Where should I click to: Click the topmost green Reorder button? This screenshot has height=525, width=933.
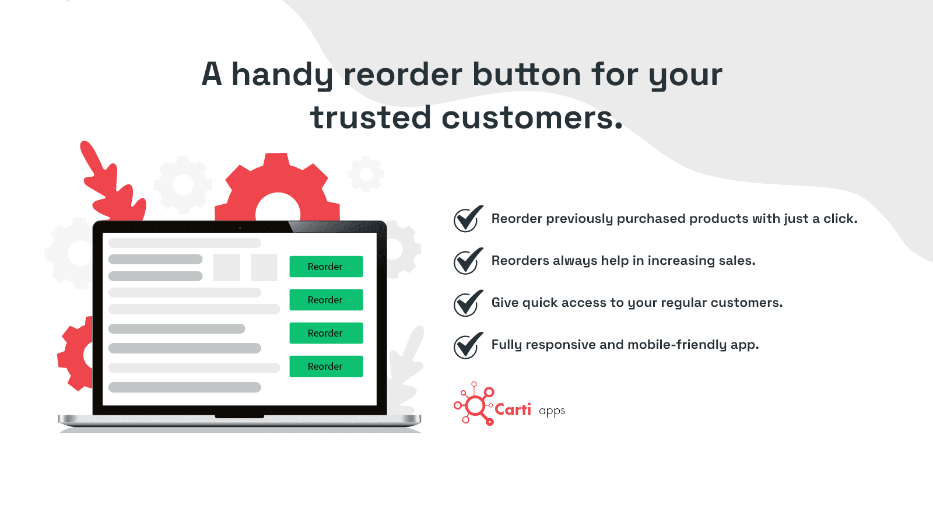pos(326,267)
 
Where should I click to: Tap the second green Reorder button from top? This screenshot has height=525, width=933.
pos(326,300)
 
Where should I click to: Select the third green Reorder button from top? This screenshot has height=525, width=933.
pos(326,333)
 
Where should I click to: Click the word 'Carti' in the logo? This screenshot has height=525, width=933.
pos(513,409)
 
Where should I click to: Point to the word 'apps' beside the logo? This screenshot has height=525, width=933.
pos(552,411)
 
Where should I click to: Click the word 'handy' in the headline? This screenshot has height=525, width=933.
pos(282,76)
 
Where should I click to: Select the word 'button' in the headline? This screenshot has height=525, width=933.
pos(527,75)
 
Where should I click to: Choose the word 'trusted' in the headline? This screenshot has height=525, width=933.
pos(371,118)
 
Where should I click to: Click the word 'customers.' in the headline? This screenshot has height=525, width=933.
pos(532,118)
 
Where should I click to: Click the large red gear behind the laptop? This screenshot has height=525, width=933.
pos(277,187)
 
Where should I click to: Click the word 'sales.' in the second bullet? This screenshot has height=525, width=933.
pos(736,261)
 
